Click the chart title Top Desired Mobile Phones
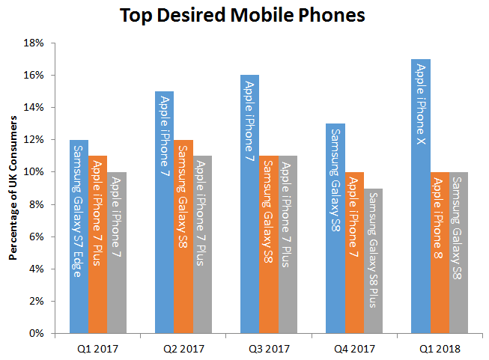point(244,15)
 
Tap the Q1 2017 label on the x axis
point(98,347)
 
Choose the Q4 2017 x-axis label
point(355,347)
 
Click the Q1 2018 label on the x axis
point(440,347)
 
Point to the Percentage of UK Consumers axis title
point(13,188)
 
